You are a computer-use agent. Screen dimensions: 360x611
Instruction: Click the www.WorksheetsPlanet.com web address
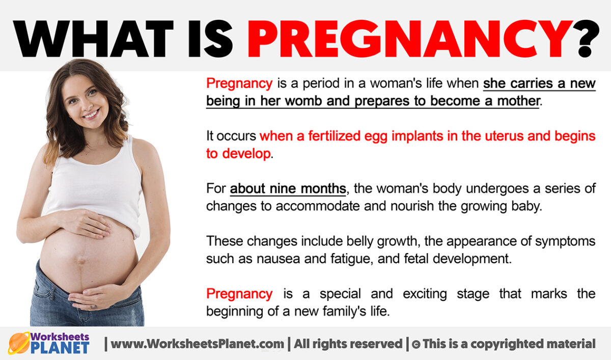[x=197, y=344]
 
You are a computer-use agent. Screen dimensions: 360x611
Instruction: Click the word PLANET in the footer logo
[x=60, y=348]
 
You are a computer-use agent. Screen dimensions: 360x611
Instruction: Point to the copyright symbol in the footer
[x=415, y=344]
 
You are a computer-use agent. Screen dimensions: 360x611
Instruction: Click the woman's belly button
[x=81, y=260]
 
